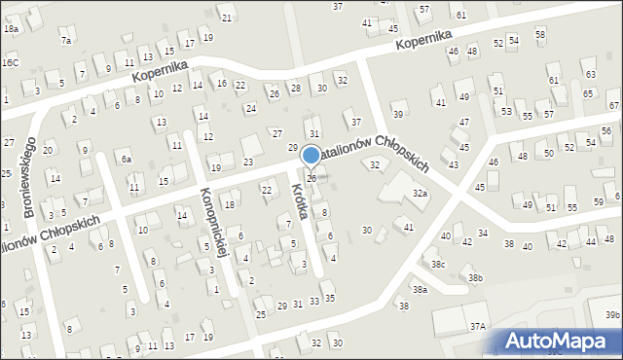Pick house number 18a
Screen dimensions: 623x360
point(11,29)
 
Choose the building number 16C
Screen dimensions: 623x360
point(10,62)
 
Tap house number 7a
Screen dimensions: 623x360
point(66,40)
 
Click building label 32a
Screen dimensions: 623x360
point(420,195)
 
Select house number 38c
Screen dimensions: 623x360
point(439,264)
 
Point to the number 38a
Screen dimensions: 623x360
point(420,290)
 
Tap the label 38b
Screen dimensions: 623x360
point(475,278)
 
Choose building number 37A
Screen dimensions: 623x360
point(477,328)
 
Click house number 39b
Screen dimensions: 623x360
point(611,315)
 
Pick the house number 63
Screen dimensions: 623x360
point(590,74)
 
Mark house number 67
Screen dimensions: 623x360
point(614,105)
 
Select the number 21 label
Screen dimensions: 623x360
point(227,18)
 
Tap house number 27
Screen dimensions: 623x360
point(277,133)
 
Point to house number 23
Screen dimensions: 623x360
point(248,162)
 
